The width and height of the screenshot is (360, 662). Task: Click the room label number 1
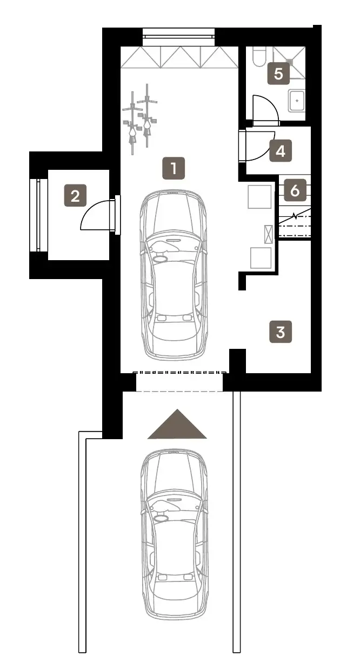[174, 168]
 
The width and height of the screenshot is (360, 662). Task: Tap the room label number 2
[75, 195]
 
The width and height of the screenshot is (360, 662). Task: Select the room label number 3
[281, 332]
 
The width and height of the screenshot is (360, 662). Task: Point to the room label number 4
[281, 151]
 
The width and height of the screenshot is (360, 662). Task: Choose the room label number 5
[278, 74]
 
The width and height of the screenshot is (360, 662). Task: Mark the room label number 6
[295, 190]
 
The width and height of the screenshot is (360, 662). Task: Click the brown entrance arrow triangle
[177, 424]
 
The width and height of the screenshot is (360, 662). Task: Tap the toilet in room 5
[259, 56]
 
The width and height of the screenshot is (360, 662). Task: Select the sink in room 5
[297, 101]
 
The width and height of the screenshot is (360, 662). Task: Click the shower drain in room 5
[290, 62]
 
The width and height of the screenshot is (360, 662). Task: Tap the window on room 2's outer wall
[38, 215]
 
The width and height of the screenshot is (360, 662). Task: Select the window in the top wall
[179, 37]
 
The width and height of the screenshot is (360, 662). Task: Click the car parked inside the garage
[174, 275]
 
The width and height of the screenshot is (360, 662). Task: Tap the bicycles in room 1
[140, 120]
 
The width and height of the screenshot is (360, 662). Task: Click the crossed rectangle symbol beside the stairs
[269, 234]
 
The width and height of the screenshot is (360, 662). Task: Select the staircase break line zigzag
[295, 216]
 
